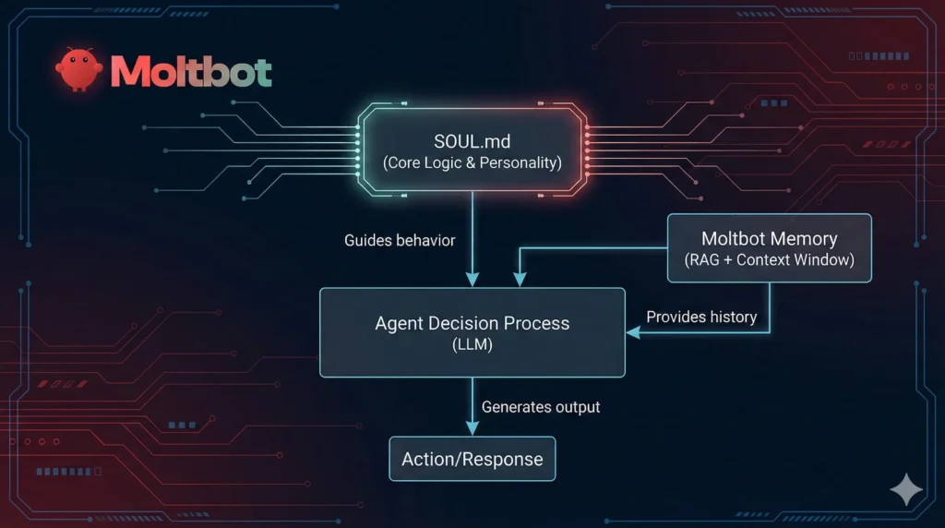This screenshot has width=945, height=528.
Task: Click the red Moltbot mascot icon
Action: pyautogui.click(x=78, y=70)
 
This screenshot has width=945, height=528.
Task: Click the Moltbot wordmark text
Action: pyautogui.click(x=191, y=71)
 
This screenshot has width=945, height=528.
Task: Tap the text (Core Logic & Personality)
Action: pyautogui.click(x=472, y=163)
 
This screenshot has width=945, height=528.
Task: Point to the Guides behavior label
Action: pyautogui.click(x=400, y=240)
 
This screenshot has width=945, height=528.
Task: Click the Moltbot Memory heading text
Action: pyautogui.click(x=769, y=238)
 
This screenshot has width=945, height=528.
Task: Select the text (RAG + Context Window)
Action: pyautogui.click(x=769, y=259)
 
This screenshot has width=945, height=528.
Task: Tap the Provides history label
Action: pyautogui.click(x=701, y=317)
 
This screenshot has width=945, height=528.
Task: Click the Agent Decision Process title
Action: pyautogui.click(x=472, y=323)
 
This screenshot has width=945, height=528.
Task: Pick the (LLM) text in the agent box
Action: pyautogui.click(x=472, y=345)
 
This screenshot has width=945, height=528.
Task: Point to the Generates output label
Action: pyautogui.click(x=541, y=406)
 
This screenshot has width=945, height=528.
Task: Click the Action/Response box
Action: pyautogui.click(x=472, y=459)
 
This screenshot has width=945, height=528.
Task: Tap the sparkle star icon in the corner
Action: pyautogui.click(x=905, y=490)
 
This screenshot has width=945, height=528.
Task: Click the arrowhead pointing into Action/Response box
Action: pyautogui.click(x=472, y=428)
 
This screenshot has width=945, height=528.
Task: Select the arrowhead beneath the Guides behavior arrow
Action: pyautogui.click(x=472, y=279)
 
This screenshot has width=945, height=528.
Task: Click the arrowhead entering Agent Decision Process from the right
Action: pyautogui.click(x=633, y=332)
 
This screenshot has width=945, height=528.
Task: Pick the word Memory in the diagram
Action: pyautogui.click(x=804, y=238)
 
